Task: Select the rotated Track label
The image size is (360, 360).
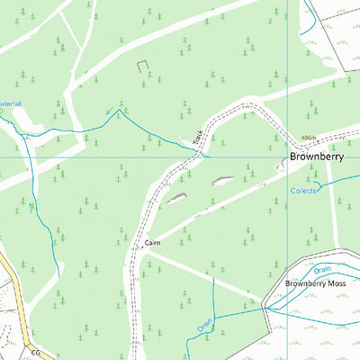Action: click(198, 137)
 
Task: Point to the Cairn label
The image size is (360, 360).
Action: click(151, 243)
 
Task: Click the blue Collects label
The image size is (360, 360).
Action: click(304, 191)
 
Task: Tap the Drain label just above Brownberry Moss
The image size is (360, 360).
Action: click(322, 269)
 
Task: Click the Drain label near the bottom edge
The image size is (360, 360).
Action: click(205, 324)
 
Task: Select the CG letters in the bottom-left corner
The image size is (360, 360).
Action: click(36, 353)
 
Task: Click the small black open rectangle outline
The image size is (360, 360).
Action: click(140, 66)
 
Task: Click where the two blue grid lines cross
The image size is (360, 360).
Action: click(287, 157)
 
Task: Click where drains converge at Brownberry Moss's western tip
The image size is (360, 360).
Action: click(265, 308)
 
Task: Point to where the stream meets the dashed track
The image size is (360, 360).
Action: click(204, 153)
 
